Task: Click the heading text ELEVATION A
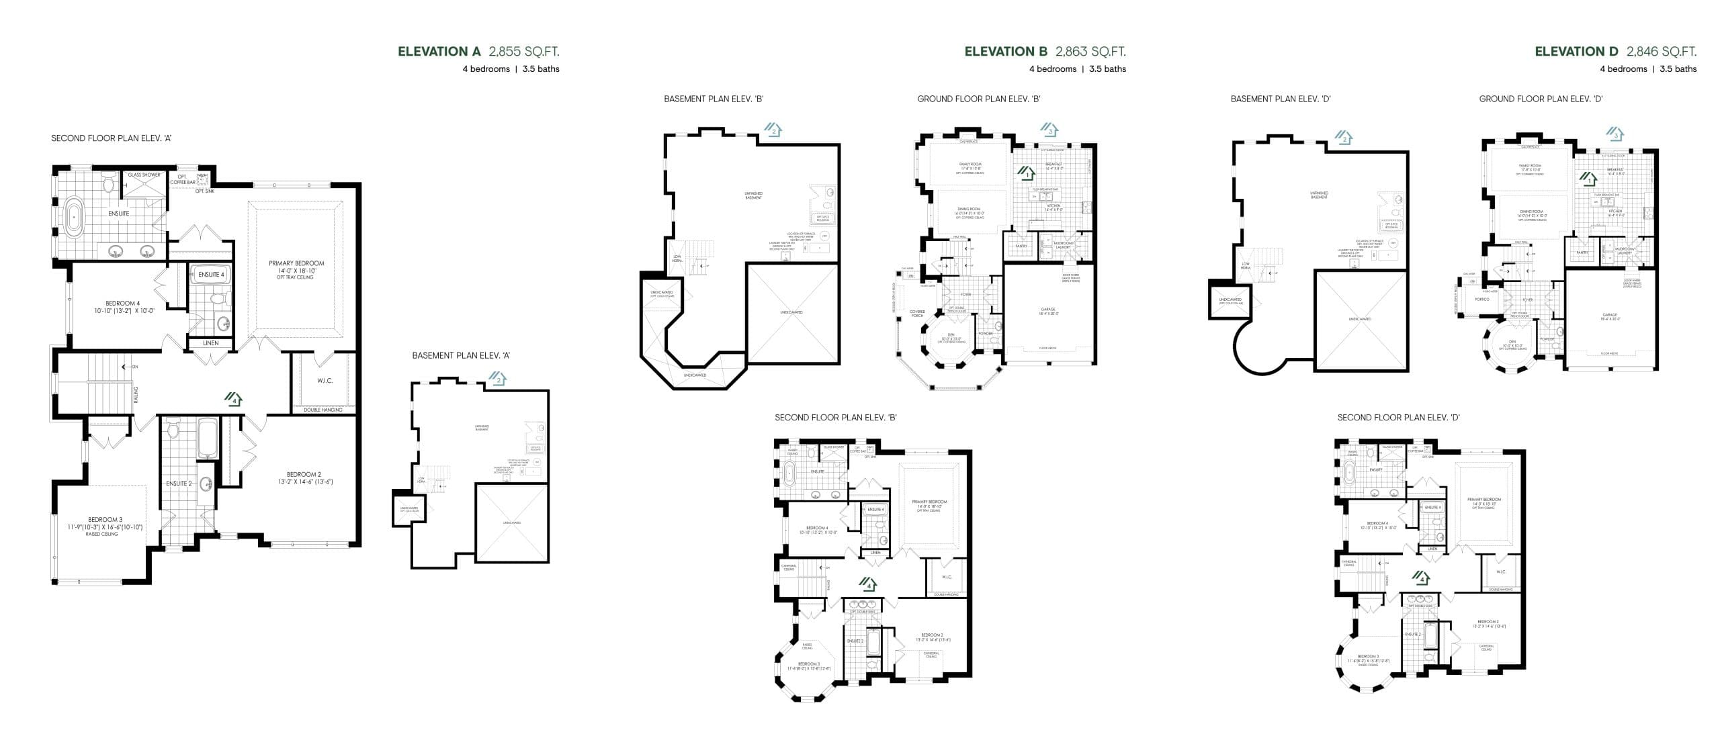coord(439,52)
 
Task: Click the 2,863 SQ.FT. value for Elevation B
coord(1090,52)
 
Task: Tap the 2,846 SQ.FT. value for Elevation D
coord(1661,52)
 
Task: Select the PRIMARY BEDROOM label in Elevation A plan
coord(296,263)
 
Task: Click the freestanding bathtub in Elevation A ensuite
coord(73,218)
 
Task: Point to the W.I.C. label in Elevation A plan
coord(325,381)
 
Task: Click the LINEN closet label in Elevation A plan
coord(210,343)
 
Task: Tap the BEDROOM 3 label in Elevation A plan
coord(105,520)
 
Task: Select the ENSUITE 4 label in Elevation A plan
coord(211,275)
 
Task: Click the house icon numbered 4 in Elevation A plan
coord(232,400)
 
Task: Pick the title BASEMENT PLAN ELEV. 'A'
coord(461,356)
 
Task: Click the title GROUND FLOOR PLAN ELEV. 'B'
coord(978,99)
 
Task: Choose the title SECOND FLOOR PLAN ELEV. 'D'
coord(1398,418)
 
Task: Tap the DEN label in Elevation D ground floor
coord(1512,342)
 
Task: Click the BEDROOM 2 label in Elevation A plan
coord(304,475)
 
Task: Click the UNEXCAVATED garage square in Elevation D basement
coord(1360,320)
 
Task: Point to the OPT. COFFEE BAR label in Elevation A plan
coord(182,179)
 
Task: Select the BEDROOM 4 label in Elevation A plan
coord(122,304)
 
